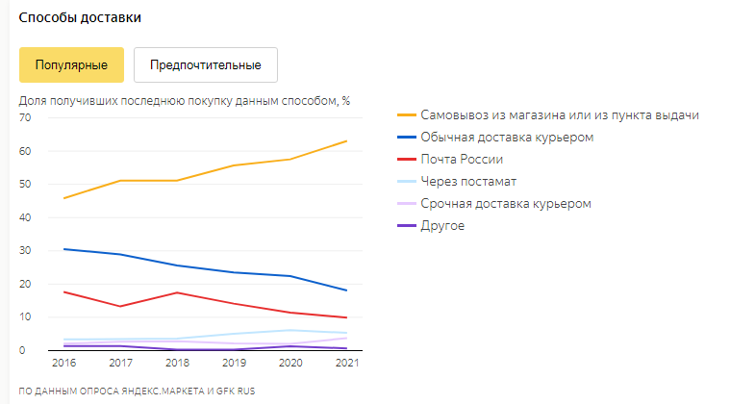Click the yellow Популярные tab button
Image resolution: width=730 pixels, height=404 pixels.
pyautogui.click(x=71, y=65)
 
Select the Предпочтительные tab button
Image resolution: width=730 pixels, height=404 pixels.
pyautogui.click(x=206, y=65)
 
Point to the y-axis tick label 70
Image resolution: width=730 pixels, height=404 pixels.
pyautogui.click(x=26, y=117)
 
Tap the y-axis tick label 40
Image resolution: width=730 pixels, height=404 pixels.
pyautogui.click(x=26, y=217)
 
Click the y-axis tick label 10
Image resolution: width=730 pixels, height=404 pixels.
pyautogui.click(x=26, y=316)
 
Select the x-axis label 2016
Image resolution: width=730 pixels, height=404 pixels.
pyautogui.click(x=65, y=364)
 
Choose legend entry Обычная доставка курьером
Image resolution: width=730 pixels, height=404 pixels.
pyautogui.click(x=507, y=138)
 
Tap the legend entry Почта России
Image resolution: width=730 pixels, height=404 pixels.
pyautogui.click(x=462, y=160)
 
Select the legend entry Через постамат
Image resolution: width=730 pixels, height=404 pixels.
pyautogui.click(x=468, y=182)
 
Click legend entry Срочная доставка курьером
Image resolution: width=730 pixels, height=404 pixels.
pyautogui.click(x=505, y=204)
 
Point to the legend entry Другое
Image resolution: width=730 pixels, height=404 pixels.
pyautogui.click(x=442, y=226)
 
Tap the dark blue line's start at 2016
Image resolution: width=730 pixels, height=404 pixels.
pyautogui.click(x=64, y=249)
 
